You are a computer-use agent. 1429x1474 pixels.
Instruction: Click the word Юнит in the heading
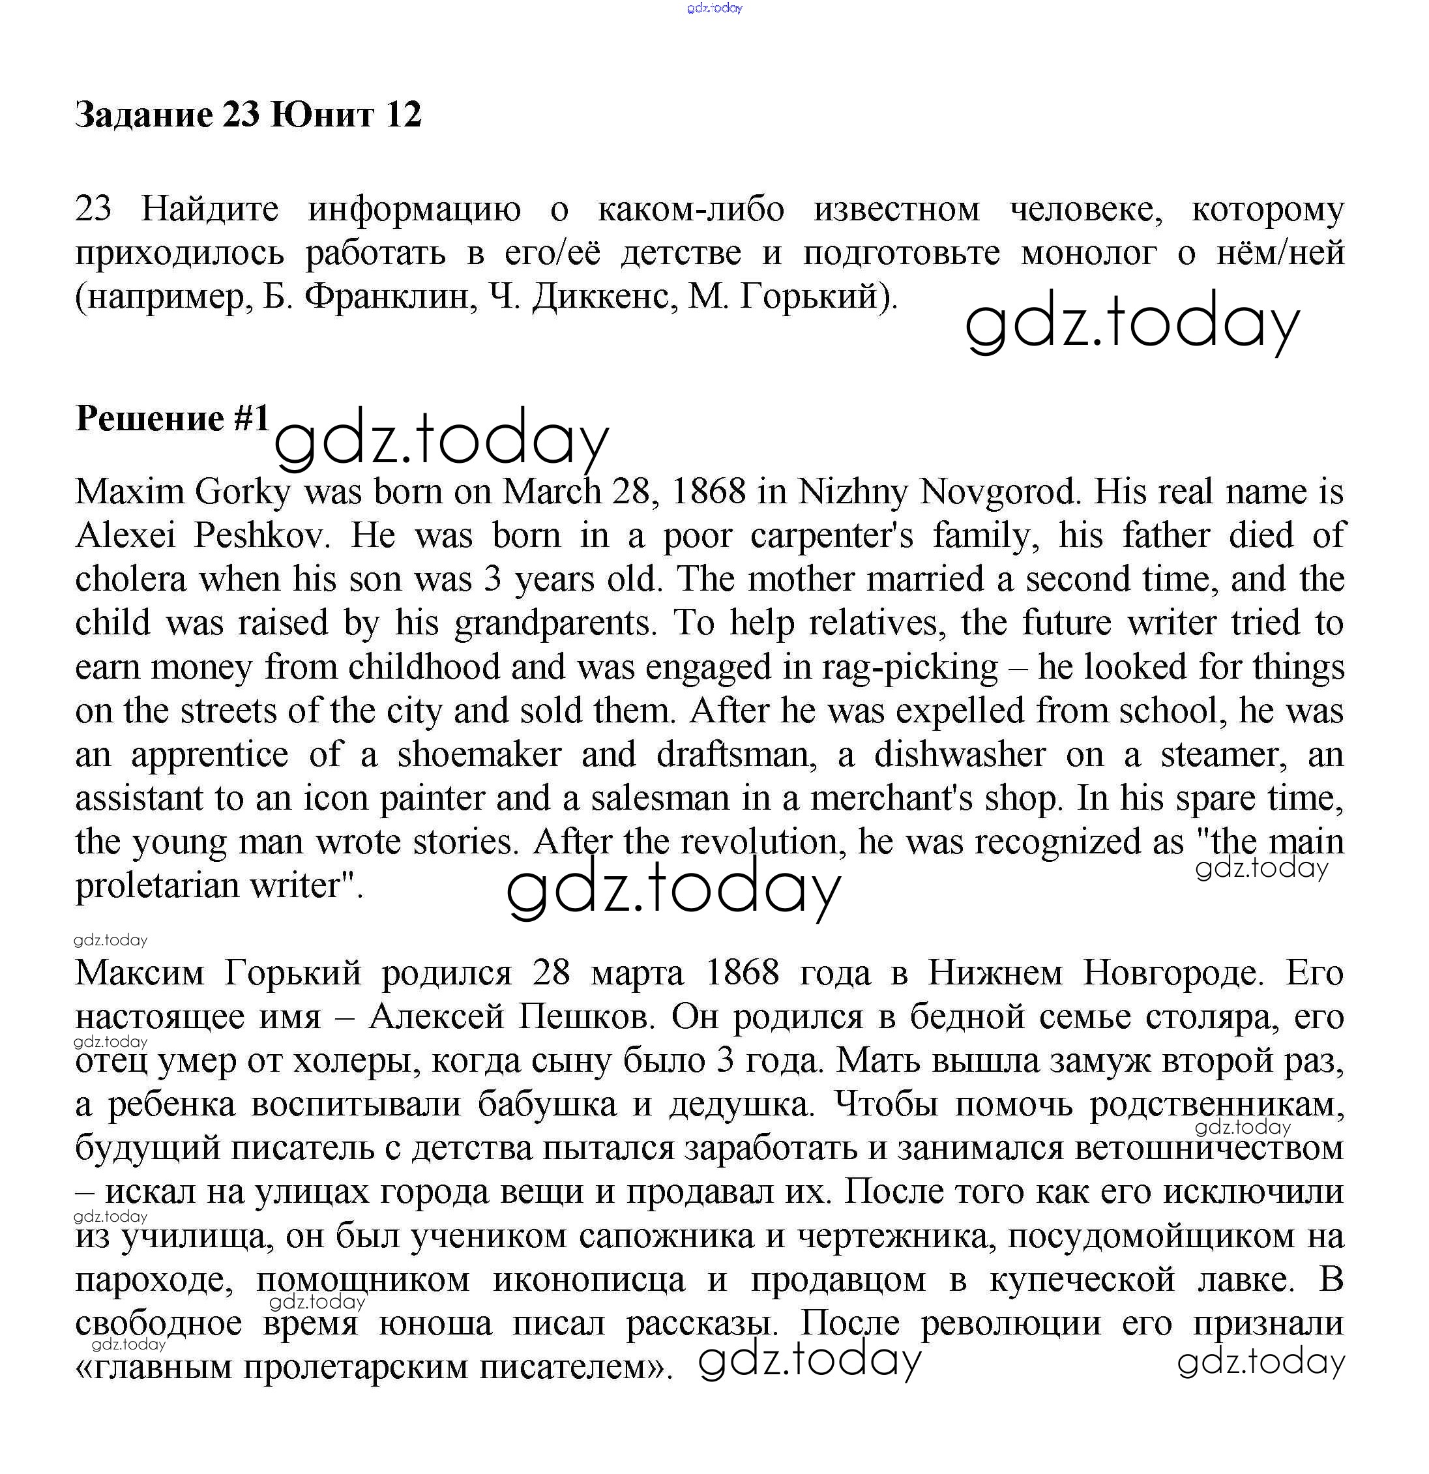pos(321,114)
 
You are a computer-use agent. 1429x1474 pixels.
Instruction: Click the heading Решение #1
pos(172,418)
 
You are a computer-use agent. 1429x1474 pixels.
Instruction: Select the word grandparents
pos(554,623)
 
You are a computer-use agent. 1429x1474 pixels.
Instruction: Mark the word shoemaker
pos(479,754)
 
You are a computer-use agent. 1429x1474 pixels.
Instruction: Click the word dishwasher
pos(960,754)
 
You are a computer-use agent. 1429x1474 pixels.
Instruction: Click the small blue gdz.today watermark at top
pos(714,8)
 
